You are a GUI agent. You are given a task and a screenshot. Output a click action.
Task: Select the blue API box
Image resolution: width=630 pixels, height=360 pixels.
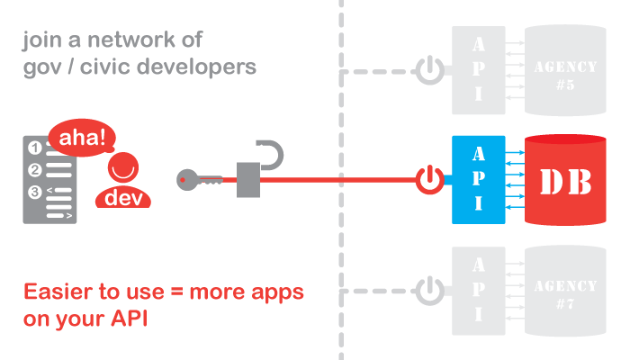pyautogui.click(x=479, y=180)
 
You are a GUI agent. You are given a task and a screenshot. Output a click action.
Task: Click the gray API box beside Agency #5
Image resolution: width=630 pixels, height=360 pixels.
pyautogui.click(x=479, y=69)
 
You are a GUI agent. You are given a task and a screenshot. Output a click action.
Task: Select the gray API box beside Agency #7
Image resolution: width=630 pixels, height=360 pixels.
pyautogui.click(x=479, y=289)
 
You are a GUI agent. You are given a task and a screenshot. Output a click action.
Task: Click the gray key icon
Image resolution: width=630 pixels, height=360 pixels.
pyautogui.click(x=194, y=179)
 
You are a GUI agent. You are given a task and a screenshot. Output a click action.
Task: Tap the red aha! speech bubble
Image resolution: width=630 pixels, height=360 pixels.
pyautogui.click(x=82, y=139)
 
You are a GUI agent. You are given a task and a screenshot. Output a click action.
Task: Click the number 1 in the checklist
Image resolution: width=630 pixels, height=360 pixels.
pyautogui.click(x=35, y=148)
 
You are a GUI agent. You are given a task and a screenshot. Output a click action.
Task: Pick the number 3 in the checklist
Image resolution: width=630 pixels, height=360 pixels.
pyautogui.click(x=35, y=191)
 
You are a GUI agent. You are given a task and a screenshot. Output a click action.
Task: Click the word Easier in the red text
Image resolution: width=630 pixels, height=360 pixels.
pyautogui.click(x=55, y=293)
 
